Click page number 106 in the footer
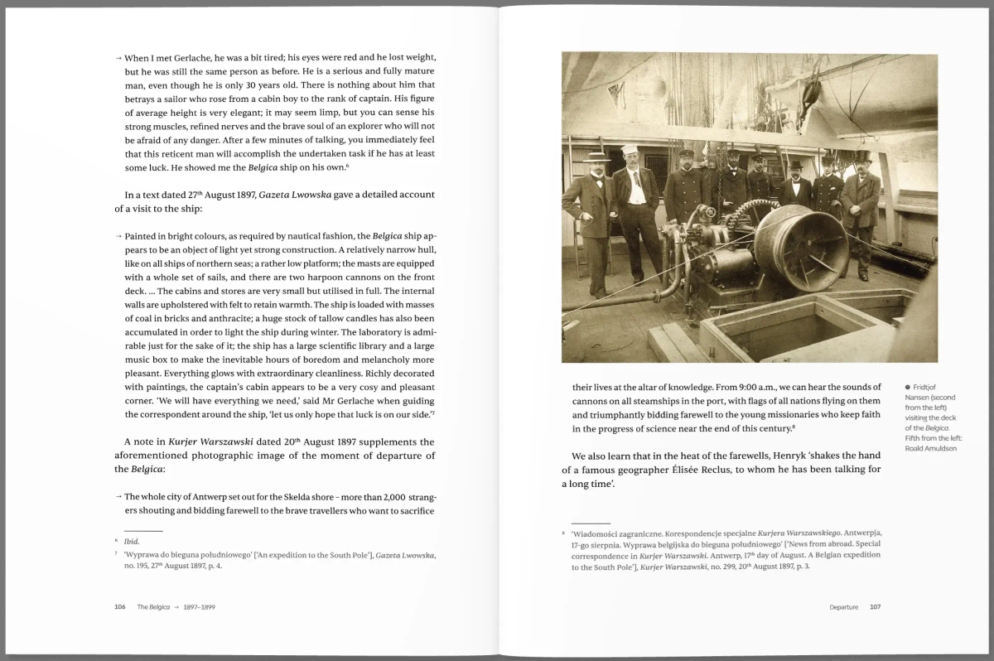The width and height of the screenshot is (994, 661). pos(119,607)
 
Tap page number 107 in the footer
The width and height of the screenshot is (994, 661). pos(875,607)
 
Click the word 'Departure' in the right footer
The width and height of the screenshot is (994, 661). pos(843,607)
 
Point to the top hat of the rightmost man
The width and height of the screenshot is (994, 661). pos(862,156)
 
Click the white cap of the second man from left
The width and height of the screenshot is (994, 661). pos(629,150)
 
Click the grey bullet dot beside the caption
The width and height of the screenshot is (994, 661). pos(908,387)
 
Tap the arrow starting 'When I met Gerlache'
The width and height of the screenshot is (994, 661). pos(118,58)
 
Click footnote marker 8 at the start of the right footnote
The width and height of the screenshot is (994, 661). pos(563,533)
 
